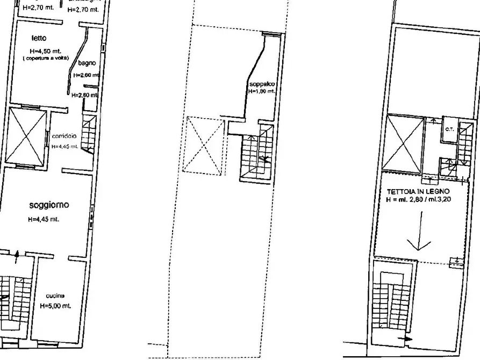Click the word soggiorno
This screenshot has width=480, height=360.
[x=48, y=205]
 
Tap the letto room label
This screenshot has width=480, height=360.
[x=39, y=38]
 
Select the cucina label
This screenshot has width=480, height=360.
[x=55, y=296]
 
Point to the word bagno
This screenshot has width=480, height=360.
[x=87, y=63]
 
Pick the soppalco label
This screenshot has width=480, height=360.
[x=261, y=85]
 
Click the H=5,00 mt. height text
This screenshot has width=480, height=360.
[x=55, y=306]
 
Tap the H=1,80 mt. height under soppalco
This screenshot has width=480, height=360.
[x=261, y=92]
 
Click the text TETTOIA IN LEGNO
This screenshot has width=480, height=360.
[x=418, y=191]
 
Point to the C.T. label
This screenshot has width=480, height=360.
[x=448, y=129]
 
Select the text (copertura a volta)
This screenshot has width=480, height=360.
[x=46, y=58]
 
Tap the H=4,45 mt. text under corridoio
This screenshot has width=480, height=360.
[x=65, y=146]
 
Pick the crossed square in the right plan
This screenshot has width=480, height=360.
[x=404, y=142]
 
